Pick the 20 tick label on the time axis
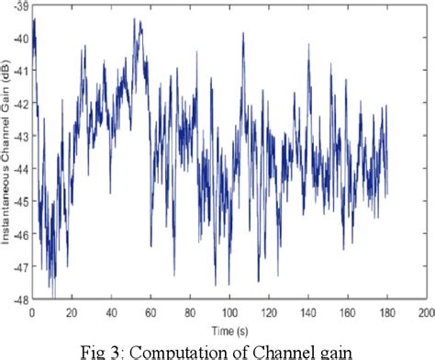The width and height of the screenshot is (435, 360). tap(72, 310)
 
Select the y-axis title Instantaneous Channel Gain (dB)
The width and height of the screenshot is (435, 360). tap(7, 152)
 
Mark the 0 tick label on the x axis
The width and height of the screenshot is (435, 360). tap(33, 310)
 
